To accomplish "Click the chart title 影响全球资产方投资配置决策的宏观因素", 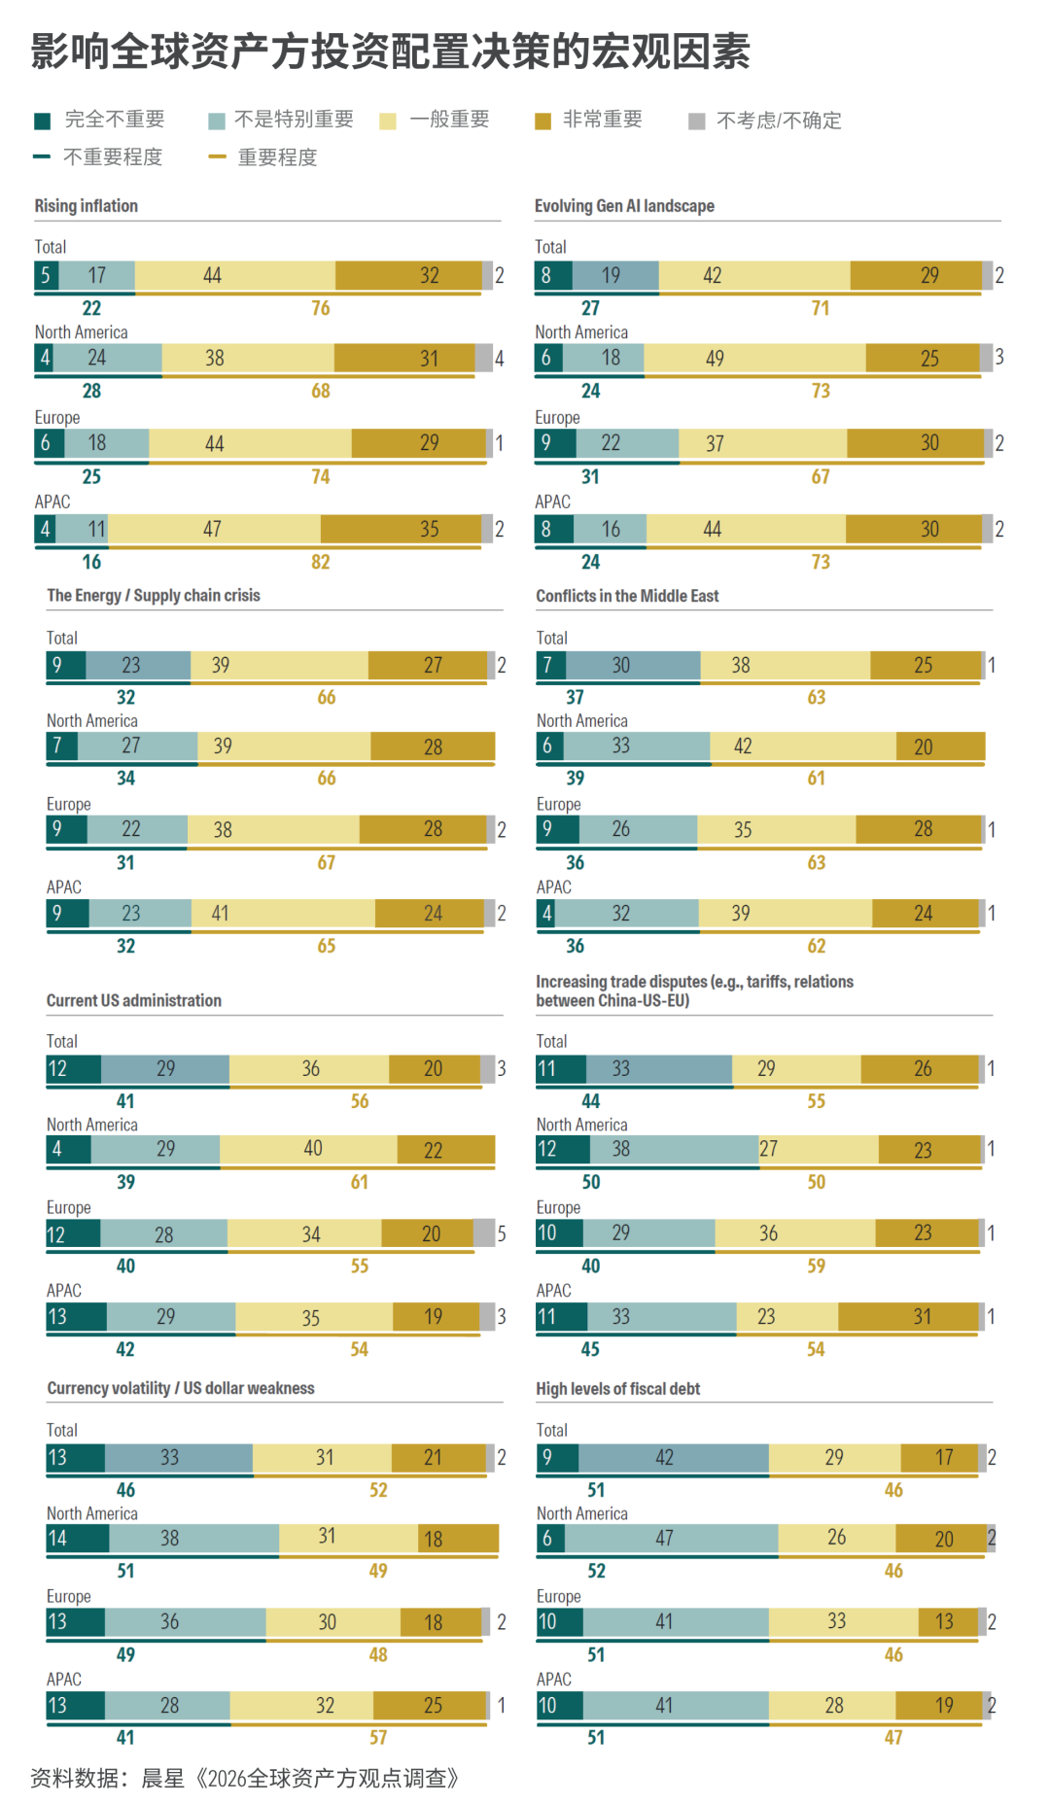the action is click(x=390, y=52).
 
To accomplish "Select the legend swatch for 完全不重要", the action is click(x=42, y=121).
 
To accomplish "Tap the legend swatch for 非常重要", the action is click(x=543, y=121).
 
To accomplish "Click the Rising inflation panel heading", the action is click(x=87, y=206).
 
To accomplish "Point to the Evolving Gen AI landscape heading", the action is click(x=624, y=206).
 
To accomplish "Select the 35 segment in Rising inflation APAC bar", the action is click(x=401, y=529).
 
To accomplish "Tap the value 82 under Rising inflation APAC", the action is click(x=321, y=562).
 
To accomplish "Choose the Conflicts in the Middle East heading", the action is click(x=627, y=596).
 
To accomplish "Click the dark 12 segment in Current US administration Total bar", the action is click(x=74, y=1069).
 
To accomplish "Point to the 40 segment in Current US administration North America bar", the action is click(x=308, y=1149).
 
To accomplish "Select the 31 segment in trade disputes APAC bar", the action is click(x=908, y=1317).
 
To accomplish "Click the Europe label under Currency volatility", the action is click(x=69, y=1596).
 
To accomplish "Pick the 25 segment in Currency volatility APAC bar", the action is click(x=431, y=1706).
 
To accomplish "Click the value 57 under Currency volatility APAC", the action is click(x=378, y=1737).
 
